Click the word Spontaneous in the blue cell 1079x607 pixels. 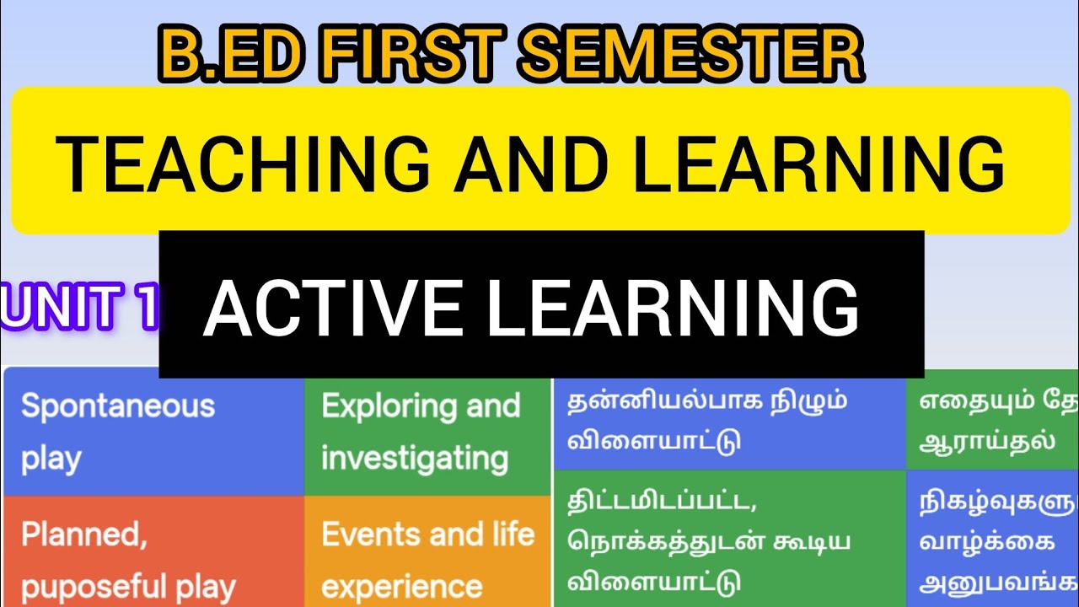(118, 406)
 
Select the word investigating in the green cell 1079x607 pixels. (415, 459)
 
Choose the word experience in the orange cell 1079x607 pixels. (401, 586)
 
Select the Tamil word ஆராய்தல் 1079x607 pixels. (988, 440)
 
